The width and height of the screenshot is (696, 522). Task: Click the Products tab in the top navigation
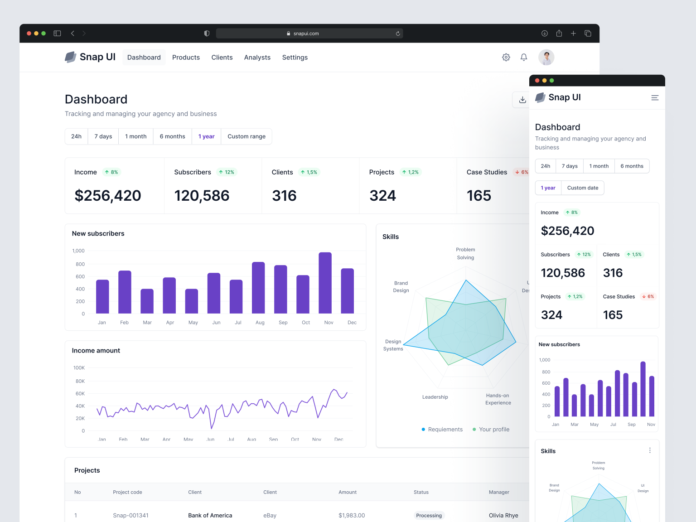point(186,58)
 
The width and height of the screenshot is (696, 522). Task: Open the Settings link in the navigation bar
point(295,58)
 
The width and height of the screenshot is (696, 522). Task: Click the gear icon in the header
point(506,57)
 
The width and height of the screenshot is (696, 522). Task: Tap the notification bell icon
point(524,57)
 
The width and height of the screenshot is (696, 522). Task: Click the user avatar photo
point(546,58)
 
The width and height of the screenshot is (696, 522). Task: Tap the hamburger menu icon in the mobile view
point(655,98)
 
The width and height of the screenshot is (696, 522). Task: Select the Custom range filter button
point(246,136)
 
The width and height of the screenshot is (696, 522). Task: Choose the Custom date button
point(582,188)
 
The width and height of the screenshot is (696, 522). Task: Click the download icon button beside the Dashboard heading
point(522,100)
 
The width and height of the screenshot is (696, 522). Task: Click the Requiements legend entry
point(442,430)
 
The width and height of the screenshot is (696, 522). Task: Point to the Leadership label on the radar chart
point(435,397)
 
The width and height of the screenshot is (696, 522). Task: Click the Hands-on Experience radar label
point(498,399)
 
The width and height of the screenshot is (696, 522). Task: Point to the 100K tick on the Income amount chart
point(79,368)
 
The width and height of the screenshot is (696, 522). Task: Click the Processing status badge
point(429,516)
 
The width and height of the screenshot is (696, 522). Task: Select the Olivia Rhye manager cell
point(503,516)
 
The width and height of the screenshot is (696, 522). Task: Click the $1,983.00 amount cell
point(352,516)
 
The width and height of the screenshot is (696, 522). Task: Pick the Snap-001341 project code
point(130,516)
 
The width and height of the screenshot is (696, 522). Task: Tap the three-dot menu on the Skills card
point(650,450)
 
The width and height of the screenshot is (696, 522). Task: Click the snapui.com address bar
point(309,34)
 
